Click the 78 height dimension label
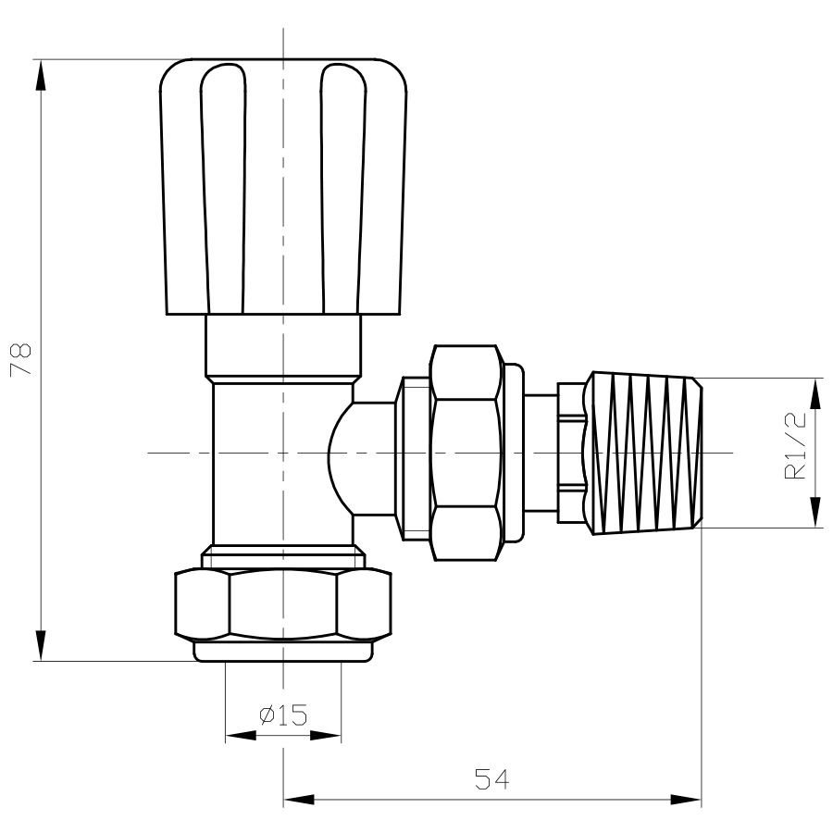coord(21,360)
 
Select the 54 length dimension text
coord(491,779)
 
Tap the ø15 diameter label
coord(283,715)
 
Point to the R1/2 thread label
coord(795,445)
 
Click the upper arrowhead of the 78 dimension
coord(41,75)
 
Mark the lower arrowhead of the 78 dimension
coord(41,645)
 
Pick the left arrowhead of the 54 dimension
coord(299,800)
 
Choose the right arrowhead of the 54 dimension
coord(686,800)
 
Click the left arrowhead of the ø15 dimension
coord(241,736)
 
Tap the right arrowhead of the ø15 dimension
coord(325,736)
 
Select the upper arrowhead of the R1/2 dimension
coord(815,393)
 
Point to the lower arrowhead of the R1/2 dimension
coord(815,512)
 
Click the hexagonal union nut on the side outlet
coord(466,454)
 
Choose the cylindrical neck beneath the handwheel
coord(283,346)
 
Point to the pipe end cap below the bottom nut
coord(283,652)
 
